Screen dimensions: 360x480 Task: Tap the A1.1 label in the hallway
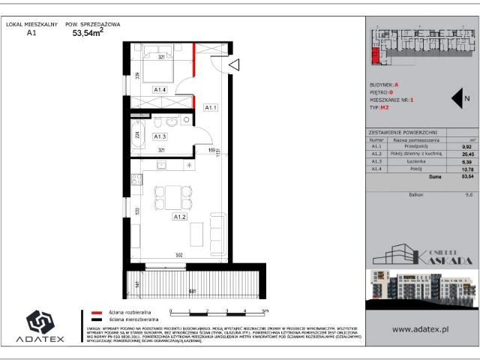click(x=211, y=108)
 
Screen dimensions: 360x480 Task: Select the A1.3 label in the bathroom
click(x=159, y=136)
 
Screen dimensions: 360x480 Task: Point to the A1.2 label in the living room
click(x=179, y=217)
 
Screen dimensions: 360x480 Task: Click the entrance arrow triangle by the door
click(x=233, y=66)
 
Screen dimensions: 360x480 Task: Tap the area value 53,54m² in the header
click(x=87, y=33)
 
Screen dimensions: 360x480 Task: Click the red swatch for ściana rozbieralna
click(x=96, y=310)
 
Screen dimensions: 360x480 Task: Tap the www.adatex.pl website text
click(x=421, y=328)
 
